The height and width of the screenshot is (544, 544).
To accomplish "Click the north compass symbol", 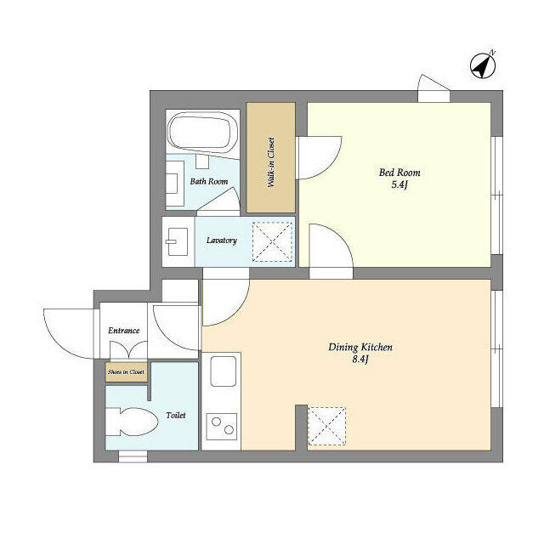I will [483, 65].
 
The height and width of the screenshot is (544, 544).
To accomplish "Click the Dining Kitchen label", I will [360, 348].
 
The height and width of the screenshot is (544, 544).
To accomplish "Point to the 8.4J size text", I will [360, 360].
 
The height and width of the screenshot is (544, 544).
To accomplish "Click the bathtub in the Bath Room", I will [201, 133].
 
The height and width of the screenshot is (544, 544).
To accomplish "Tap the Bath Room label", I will [208, 181].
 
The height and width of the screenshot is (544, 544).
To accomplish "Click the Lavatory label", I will [221, 241].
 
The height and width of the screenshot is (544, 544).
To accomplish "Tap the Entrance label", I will [123, 331].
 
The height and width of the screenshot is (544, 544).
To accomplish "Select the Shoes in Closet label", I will [125, 372].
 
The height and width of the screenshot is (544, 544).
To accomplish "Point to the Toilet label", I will [176, 416].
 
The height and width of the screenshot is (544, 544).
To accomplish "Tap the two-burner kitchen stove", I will [222, 426].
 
